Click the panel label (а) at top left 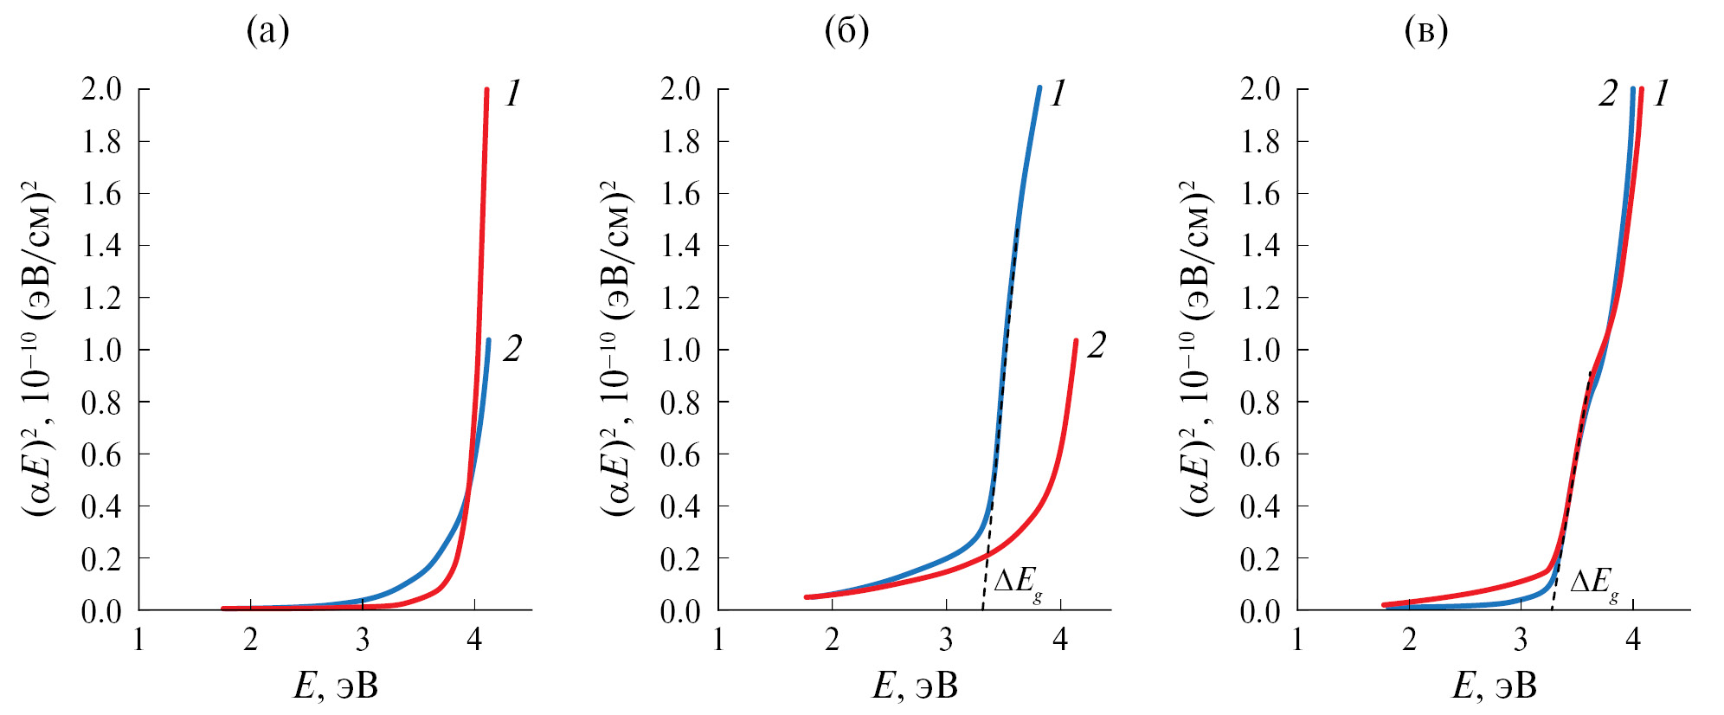coord(267,32)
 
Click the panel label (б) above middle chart coord(846,32)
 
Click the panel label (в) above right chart coord(1425,32)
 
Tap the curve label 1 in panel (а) coord(512,93)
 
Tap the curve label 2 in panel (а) coord(512,349)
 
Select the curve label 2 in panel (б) coord(1097,345)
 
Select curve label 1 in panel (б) coord(1058,93)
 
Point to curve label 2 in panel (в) coord(1607,93)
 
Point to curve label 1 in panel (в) coord(1661,93)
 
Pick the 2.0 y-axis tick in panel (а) coord(101,89)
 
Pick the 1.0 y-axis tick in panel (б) coord(680,350)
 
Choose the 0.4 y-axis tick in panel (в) coord(1260,506)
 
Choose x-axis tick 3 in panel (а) coord(363,640)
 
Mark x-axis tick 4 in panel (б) coord(1060,640)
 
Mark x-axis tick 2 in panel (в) coord(1410,640)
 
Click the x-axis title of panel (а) coord(336,686)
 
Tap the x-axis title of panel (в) coord(1495,686)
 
